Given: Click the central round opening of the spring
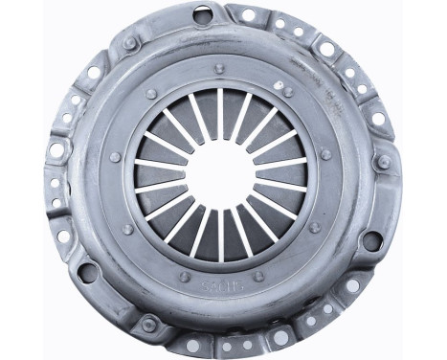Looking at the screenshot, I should pyautogui.click(x=221, y=174).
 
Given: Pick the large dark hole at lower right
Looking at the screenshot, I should pyautogui.click(x=371, y=242).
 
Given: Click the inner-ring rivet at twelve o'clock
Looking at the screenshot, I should pyautogui.click(x=220, y=69).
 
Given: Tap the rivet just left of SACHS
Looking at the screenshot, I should pyautogui.click(x=184, y=277).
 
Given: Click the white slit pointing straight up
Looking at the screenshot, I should pyautogui.click(x=221, y=106).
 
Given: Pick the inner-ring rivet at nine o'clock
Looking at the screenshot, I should pyautogui.click(x=115, y=157).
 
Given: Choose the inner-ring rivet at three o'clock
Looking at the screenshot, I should pyautogui.click(x=326, y=153).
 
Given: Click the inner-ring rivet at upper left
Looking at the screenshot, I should pyautogui.click(x=151, y=94).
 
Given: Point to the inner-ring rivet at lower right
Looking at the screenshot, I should pyautogui.click(x=314, y=228).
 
